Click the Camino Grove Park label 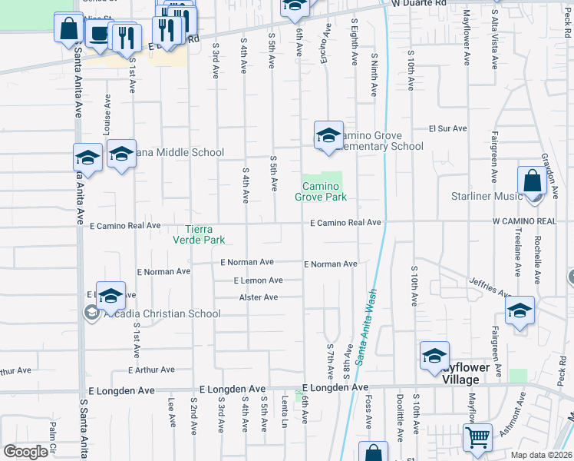pos(321,192)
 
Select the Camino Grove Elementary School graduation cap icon pos(328,136)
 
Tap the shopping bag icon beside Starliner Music pos(531,182)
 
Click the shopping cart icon pos(478,437)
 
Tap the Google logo pos(25,452)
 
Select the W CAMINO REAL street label pos(524,221)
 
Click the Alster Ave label pos(259,297)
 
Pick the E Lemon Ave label pos(259,281)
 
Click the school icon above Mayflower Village pos(434,356)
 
